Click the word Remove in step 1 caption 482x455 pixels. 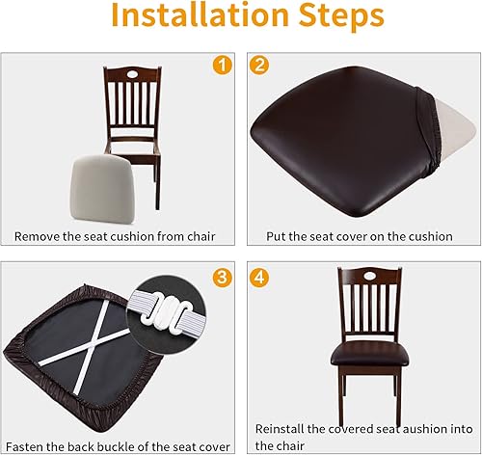(37, 235)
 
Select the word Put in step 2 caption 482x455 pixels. (278, 235)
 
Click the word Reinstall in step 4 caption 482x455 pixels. (283, 427)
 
